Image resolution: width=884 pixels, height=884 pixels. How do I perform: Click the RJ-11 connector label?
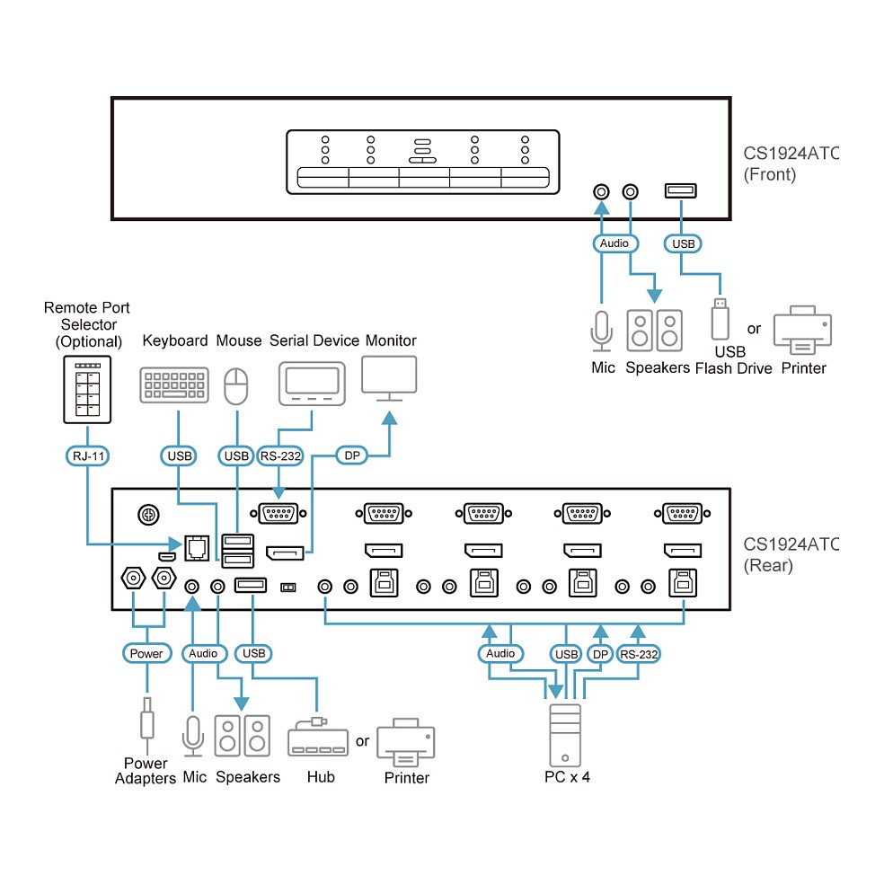pyautogui.click(x=87, y=455)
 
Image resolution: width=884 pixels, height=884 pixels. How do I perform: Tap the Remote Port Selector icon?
pyautogui.click(x=87, y=388)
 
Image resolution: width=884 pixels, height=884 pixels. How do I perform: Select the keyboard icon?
pyautogui.click(x=174, y=385)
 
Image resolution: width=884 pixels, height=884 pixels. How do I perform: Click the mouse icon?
pyautogui.click(x=235, y=386)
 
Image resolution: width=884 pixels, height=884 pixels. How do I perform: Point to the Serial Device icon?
pyautogui.click(x=312, y=385)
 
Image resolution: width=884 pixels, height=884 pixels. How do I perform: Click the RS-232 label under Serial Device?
pyautogui.click(x=280, y=455)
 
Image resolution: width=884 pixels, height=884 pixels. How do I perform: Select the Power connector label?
pyautogui.click(x=146, y=653)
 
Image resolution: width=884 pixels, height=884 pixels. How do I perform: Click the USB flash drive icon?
pyautogui.click(x=719, y=318)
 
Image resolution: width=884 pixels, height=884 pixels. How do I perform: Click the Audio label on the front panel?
pyautogui.click(x=615, y=243)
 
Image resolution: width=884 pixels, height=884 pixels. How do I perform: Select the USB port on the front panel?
pyautogui.click(x=680, y=190)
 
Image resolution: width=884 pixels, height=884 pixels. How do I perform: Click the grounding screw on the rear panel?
pyautogui.click(x=148, y=514)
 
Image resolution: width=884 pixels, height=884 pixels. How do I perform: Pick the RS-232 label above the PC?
pyautogui.click(x=638, y=654)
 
